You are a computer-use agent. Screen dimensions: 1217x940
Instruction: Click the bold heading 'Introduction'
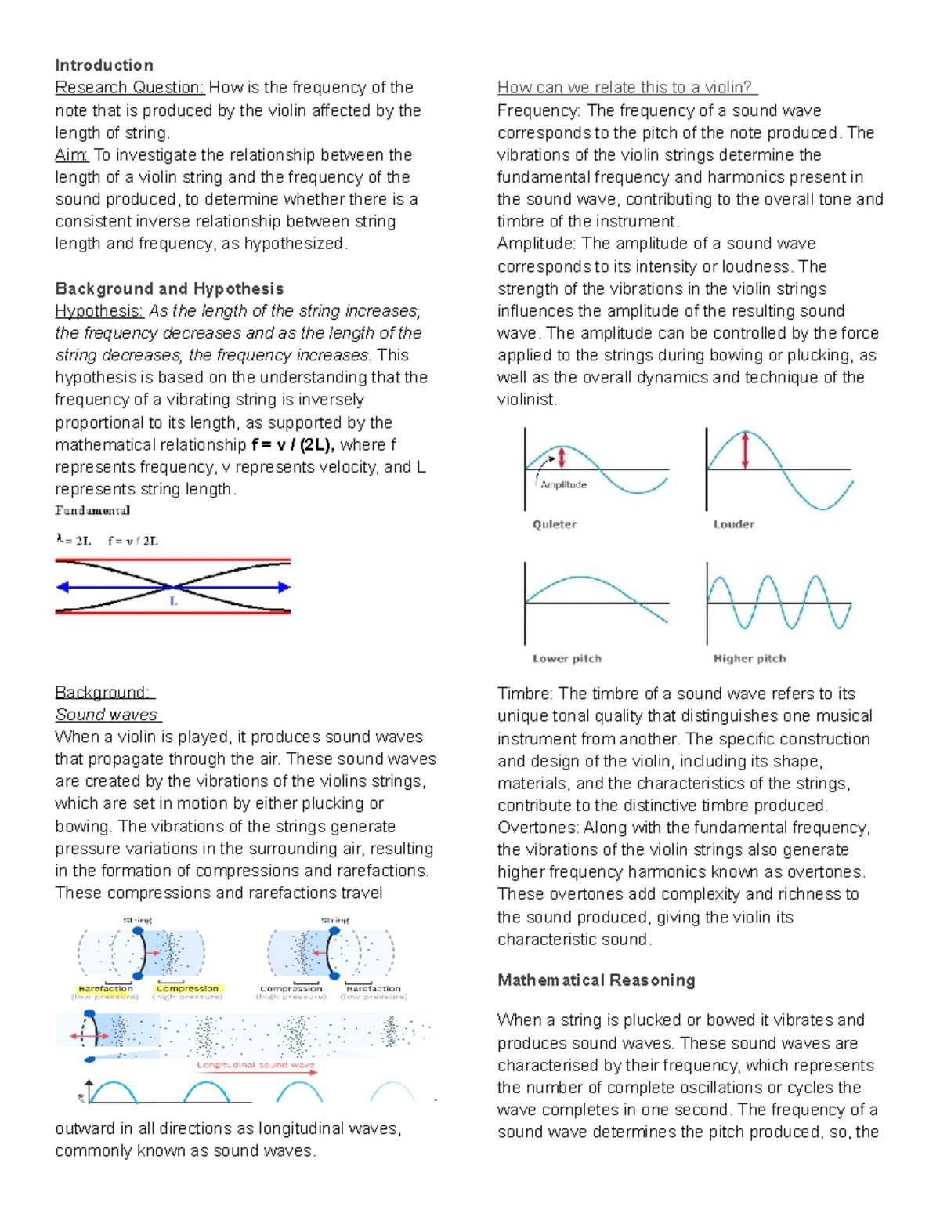point(103,65)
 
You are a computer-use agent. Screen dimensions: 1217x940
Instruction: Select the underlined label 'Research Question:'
point(129,88)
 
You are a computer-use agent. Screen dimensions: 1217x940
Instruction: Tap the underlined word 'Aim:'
point(71,155)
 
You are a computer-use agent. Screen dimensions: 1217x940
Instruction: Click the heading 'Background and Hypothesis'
point(169,288)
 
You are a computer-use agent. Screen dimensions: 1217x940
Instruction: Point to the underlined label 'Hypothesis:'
point(99,311)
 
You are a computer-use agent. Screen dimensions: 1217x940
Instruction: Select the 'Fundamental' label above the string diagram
point(92,511)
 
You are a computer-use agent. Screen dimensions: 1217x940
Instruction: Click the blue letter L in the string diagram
point(174,601)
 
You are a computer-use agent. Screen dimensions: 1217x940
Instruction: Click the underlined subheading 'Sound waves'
point(107,715)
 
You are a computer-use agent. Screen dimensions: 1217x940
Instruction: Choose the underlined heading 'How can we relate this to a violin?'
point(627,88)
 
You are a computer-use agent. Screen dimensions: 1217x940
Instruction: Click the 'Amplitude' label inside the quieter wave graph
point(564,485)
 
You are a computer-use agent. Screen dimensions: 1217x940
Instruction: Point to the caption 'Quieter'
point(554,524)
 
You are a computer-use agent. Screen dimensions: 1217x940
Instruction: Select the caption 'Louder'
point(733,524)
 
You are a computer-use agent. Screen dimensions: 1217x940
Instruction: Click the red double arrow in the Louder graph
point(745,450)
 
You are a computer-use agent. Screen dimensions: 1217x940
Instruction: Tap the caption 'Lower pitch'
point(566,659)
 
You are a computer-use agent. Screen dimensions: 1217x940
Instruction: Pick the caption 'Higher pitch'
point(749,659)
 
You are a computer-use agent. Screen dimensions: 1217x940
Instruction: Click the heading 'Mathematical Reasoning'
point(596,980)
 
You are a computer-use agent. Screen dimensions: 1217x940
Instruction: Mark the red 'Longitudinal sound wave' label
point(255,1065)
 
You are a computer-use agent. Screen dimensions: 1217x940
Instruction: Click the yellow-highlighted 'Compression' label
point(188,989)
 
